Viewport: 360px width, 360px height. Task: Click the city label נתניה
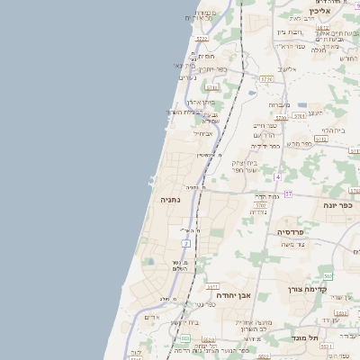pyautogui.click(x=169, y=199)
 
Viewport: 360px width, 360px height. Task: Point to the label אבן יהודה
pyautogui.click(x=233, y=294)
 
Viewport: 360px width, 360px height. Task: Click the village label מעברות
pyautogui.click(x=278, y=104)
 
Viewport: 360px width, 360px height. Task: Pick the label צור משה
pyautogui.click(x=293, y=244)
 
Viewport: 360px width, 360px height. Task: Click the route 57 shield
pyautogui.click(x=289, y=193)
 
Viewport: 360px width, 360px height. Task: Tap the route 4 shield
pyautogui.click(x=279, y=176)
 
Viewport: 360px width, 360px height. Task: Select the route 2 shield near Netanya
pyautogui.click(x=186, y=244)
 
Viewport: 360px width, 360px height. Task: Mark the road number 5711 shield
pyautogui.click(x=212, y=87)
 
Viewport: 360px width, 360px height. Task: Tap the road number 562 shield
pyautogui.click(x=329, y=276)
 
